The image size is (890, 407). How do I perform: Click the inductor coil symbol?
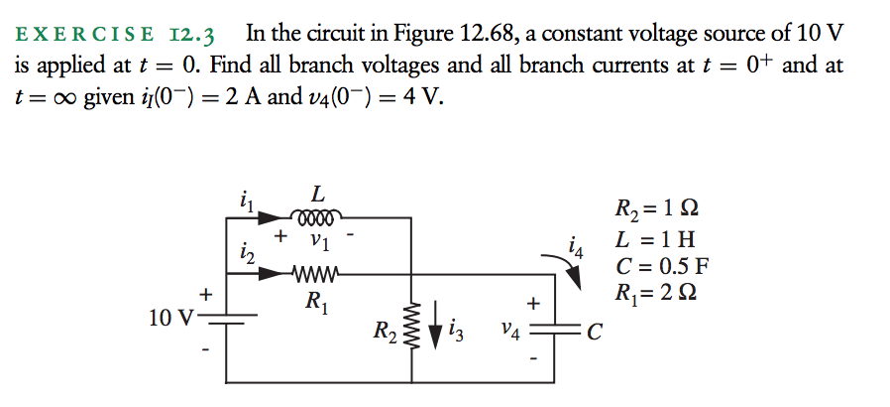tap(317, 216)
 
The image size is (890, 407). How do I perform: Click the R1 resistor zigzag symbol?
tap(317, 275)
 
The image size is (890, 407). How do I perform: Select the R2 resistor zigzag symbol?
tap(411, 327)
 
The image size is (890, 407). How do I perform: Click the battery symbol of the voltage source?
tap(231, 319)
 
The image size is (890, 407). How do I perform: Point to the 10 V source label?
tap(170, 319)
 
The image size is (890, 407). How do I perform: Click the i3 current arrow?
tap(435, 327)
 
